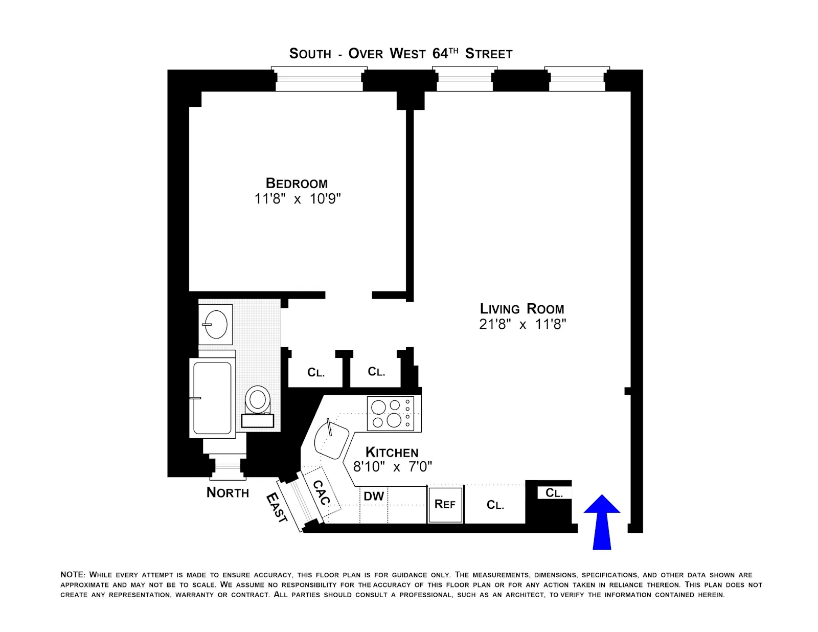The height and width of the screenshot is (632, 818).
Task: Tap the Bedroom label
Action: (x=297, y=183)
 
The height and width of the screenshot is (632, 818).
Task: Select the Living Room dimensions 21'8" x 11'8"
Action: (x=522, y=324)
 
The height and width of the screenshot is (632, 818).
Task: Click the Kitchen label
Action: (x=392, y=453)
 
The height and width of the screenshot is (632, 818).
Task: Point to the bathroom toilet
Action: (x=258, y=400)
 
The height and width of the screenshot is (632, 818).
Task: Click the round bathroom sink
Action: (x=215, y=324)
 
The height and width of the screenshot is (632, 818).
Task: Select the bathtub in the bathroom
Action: (x=212, y=398)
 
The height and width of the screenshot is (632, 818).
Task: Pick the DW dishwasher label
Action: (x=374, y=496)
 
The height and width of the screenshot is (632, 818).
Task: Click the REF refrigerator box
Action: (x=445, y=504)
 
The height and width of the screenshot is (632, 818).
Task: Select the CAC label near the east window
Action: (x=321, y=492)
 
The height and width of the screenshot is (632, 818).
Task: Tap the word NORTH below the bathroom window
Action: (x=228, y=492)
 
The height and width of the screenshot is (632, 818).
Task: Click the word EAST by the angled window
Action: (x=277, y=507)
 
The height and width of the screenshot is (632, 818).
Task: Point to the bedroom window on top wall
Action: (x=319, y=81)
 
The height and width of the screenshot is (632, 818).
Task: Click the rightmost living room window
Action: (x=577, y=81)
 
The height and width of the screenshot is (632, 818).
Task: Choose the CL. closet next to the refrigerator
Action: (x=495, y=505)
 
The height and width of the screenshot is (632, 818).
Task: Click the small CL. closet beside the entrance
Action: (x=554, y=493)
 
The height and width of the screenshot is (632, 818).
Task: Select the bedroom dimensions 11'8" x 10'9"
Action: (x=298, y=198)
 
